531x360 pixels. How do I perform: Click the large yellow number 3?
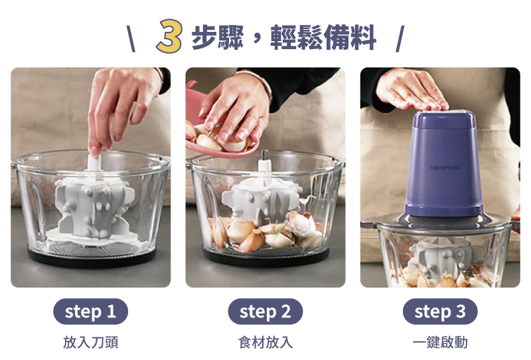(170, 37)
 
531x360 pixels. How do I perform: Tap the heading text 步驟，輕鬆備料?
(284, 37)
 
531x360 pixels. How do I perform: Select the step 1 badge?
(90, 312)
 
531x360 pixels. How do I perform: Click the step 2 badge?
(265, 312)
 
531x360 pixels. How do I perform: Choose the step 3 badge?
(440, 312)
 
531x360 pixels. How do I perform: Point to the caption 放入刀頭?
(91, 342)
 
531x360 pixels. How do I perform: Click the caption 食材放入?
(265, 342)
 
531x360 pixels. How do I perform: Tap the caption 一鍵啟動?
(440, 342)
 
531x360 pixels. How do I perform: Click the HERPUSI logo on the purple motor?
(445, 167)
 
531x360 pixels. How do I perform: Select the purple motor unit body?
(444, 164)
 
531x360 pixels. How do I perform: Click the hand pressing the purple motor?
(412, 90)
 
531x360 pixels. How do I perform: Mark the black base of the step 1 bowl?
(92, 258)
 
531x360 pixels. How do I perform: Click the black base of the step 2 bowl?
(266, 258)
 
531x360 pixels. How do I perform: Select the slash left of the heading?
(131, 39)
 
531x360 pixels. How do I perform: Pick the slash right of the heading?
(400, 39)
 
